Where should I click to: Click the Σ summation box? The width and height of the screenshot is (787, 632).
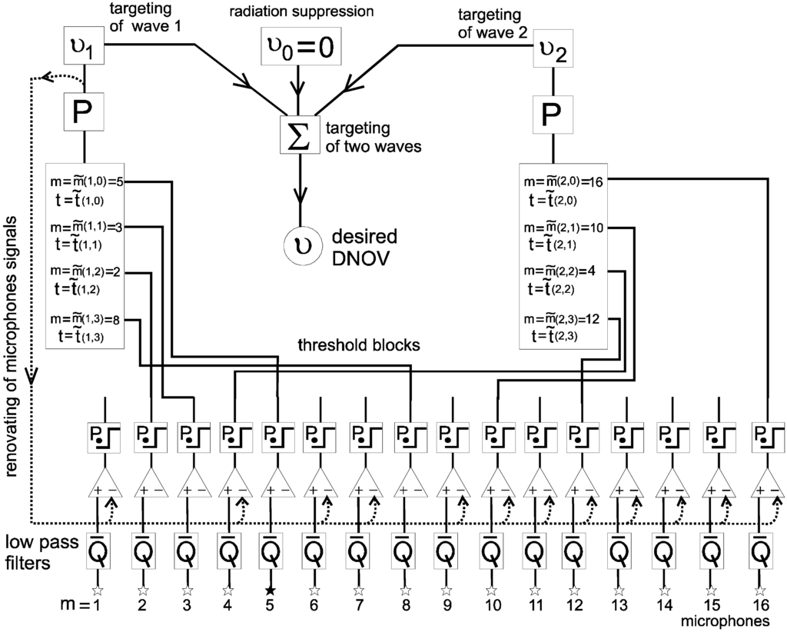tap(297, 135)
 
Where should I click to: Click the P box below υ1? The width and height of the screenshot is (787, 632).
tap(82, 115)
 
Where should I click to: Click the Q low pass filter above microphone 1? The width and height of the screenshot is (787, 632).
tap(98, 551)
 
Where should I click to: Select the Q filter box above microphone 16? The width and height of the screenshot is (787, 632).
tap(759, 551)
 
